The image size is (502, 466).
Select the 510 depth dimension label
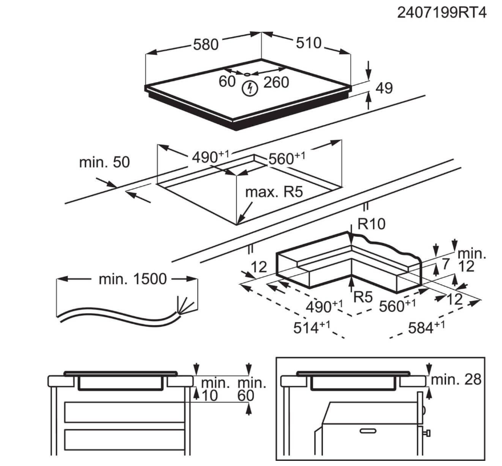coord(308,43)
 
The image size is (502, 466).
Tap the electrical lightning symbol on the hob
coord(249,88)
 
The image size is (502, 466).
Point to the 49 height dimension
coord(385,88)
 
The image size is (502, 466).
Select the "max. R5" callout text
coord(273,192)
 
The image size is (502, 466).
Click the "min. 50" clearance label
coord(104,163)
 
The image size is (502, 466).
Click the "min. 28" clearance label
coord(456,379)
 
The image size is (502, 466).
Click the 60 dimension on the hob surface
coord(227,82)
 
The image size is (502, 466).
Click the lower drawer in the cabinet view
coord(124,439)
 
